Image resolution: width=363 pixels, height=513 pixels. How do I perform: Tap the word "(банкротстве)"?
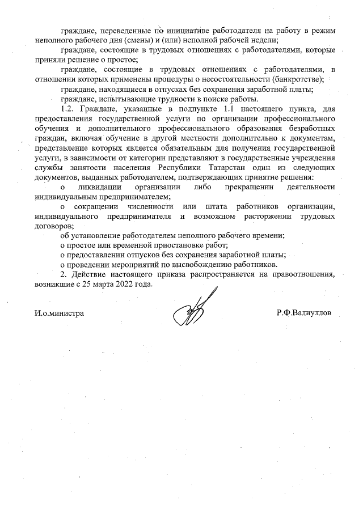[298, 79]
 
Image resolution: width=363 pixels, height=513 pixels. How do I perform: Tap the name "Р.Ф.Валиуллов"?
[305, 313]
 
